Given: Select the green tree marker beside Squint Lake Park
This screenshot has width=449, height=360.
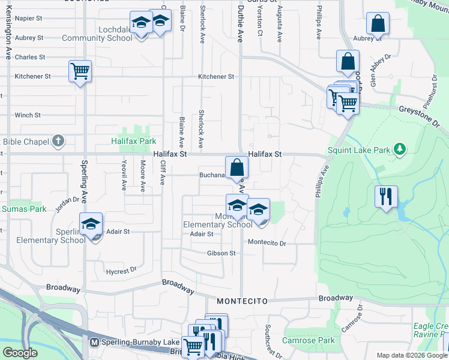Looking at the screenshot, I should tap(399, 149).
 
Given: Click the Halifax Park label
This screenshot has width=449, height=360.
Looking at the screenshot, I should tap(133, 142).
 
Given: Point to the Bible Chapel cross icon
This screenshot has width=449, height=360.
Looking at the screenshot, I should tap(58, 142).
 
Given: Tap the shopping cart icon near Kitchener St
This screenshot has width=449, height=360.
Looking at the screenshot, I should tap(80, 71).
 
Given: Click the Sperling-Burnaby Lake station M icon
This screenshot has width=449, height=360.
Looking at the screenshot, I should tap(94, 343).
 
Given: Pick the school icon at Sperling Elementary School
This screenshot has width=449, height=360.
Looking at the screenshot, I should tap(91, 224).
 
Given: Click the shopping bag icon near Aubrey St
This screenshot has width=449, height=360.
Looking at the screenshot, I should tap(378, 25).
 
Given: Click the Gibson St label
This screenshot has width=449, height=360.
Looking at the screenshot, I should tap(221, 253).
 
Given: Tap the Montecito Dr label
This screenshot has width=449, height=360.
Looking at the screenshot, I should tap(267, 243).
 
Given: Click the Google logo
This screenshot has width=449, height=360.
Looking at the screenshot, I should tap(20, 352).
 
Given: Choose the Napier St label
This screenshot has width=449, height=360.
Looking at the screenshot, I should tap(28, 19).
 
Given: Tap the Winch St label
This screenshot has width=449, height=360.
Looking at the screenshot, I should tap(28, 115).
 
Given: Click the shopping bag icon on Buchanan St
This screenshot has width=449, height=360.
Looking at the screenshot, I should tap(237, 167).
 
